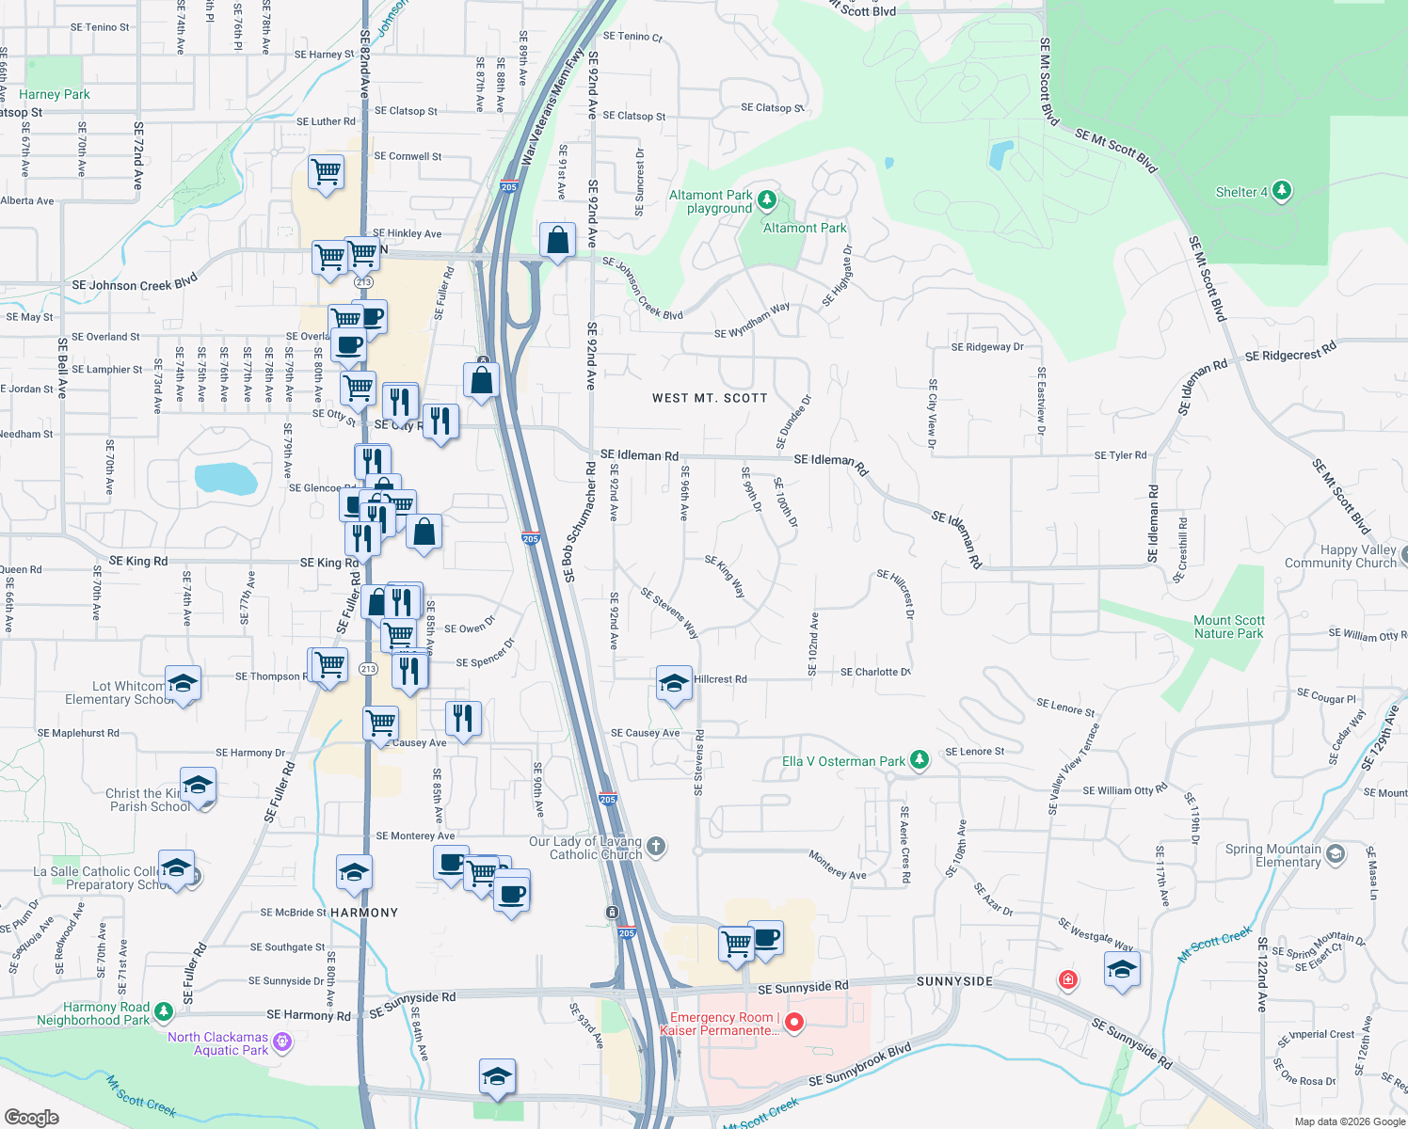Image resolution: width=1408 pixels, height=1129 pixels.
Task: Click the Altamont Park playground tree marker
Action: [x=767, y=199]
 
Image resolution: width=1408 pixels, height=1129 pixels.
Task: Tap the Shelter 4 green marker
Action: [x=1281, y=192]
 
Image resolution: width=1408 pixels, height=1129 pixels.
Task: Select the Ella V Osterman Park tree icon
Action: [x=920, y=760]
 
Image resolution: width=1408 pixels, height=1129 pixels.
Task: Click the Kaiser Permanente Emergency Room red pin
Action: [x=794, y=1022]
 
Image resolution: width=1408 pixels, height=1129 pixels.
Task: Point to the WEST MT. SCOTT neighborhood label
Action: [x=710, y=398]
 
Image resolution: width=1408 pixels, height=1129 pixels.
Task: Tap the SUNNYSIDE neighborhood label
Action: [x=954, y=981]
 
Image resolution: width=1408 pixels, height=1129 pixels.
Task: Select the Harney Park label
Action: [x=55, y=94]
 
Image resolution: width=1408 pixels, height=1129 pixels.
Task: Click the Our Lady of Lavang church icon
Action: [x=656, y=847]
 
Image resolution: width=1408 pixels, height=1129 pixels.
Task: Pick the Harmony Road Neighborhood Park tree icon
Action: [x=164, y=1011]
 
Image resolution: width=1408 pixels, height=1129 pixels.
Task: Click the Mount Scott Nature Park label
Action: [x=1228, y=627]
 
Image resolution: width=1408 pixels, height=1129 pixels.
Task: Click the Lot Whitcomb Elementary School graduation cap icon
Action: [x=183, y=683]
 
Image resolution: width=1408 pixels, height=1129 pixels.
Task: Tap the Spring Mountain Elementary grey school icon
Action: [x=1335, y=854]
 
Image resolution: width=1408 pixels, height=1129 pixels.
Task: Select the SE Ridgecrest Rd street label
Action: [x=1290, y=352]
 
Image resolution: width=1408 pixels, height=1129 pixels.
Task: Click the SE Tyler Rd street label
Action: [x=1120, y=455]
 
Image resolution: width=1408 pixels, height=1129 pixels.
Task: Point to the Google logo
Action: [x=32, y=1117]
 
